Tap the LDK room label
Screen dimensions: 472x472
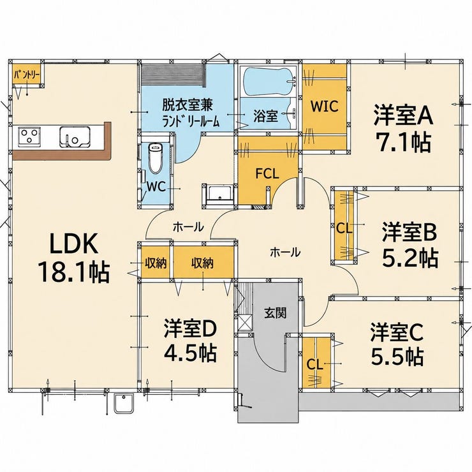pyautogui.click(x=73, y=243)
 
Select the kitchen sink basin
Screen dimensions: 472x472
pyautogui.click(x=75, y=137)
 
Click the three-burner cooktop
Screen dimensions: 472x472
pyautogui.click(x=29, y=136)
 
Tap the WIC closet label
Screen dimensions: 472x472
pyautogui.click(x=325, y=106)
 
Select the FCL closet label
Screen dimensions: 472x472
pyautogui.click(x=267, y=173)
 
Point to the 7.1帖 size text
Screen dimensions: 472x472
pyautogui.click(x=404, y=142)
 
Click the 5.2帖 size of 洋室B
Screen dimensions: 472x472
pyautogui.click(x=409, y=258)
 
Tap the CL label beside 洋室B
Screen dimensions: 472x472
pyautogui.click(x=344, y=229)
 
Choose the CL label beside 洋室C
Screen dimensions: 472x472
pyautogui.click(x=315, y=365)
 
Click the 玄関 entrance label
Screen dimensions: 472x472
pyautogui.click(x=275, y=313)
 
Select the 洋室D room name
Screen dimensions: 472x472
pyautogui.click(x=190, y=329)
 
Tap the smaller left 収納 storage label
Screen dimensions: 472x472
pyautogui.click(x=156, y=263)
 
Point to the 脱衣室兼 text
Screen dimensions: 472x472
pyautogui.click(x=188, y=105)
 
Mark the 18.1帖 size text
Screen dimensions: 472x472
pyautogui.click(x=74, y=272)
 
